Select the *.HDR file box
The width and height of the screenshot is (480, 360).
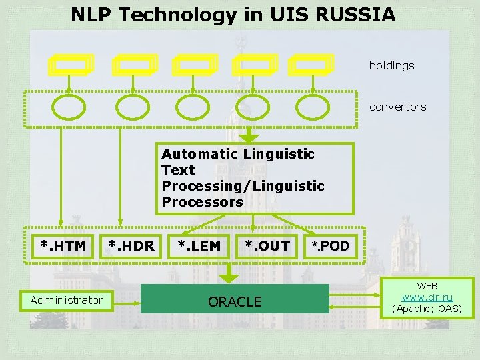(x=131, y=246)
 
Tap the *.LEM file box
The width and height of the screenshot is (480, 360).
(x=199, y=246)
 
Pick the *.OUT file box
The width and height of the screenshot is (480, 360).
(x=267, y=246)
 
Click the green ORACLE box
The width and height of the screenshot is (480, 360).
(x=235, y=301)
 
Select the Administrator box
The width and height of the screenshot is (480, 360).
(x=67, y=300)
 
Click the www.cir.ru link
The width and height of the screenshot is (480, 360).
(x=427, y=297)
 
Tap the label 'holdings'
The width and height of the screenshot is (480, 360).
(x=391, y=65)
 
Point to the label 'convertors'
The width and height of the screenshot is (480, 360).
(x=397, y=107)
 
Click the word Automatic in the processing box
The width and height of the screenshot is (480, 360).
(x=200, y=154)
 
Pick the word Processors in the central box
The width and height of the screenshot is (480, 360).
(x=202, y=202)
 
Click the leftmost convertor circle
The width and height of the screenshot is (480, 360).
(x=69, y=107)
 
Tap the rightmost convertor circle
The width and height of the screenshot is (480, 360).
(x=313, y=107)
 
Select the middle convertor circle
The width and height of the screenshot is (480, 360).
(x=191, y=107)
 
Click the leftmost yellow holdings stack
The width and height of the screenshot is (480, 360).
(x=71, y=65)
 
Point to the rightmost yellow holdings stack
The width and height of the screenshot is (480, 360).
(x=311, y=65)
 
